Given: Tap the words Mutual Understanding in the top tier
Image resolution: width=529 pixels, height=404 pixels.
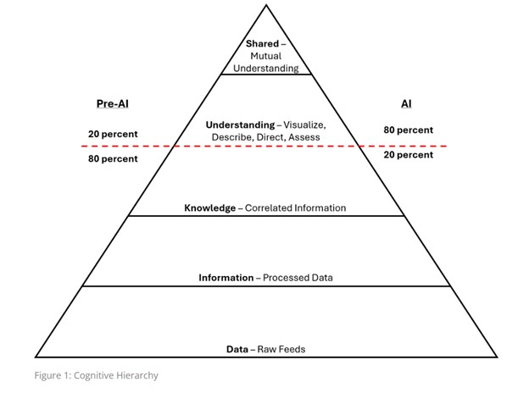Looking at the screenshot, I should [x=267, y=62].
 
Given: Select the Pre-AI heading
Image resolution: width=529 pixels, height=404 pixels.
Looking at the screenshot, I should [x=112, y=104].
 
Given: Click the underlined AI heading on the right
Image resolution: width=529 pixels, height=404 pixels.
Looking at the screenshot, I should [x=406, y=104].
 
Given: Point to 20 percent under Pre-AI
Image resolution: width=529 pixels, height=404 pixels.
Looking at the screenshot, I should [x=113, y=134].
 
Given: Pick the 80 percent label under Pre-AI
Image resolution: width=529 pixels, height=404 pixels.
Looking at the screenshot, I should [x=113, y=158].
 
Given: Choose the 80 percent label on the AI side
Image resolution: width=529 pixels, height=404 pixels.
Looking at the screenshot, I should [x=408, y=130].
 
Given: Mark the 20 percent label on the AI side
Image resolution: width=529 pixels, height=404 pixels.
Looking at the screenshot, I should [x=408, y=155].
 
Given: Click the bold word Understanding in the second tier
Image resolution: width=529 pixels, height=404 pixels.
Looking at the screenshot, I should [x=241, y=125].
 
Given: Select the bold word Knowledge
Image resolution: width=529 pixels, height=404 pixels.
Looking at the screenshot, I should [x=210, y=208].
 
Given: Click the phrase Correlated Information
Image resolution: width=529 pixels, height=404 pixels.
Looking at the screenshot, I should [x=295, y=208].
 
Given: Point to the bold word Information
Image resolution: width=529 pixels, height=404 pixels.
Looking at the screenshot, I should [x=226, y=278].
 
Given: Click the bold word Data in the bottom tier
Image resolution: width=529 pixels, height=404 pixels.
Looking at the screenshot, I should [x=237, y=349].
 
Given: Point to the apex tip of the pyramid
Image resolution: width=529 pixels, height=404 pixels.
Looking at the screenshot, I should [x=266, y=6].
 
